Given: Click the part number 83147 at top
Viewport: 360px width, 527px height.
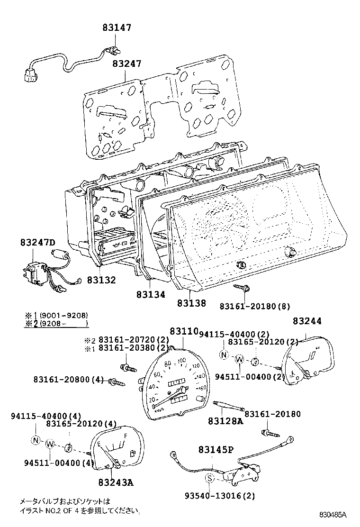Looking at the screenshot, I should [x=117, y=28].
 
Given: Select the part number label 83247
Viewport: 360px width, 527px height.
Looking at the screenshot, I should [x=127, y=64].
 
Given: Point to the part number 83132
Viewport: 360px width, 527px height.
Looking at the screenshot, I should [x=101, y=280].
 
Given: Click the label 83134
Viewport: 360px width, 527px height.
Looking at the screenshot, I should [x=151, y=294].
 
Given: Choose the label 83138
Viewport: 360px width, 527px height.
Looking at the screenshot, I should [x=192, y=303].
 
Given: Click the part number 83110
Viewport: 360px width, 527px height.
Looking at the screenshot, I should [x=184, y=332].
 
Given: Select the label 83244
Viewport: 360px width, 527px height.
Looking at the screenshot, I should [x=306, y=321].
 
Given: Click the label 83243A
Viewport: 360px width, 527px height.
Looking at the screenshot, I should [x=116, y=483].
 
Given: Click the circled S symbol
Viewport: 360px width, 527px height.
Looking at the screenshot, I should [x=209, y=479].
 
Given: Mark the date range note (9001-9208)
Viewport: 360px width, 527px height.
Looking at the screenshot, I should [x=63, y=316].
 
